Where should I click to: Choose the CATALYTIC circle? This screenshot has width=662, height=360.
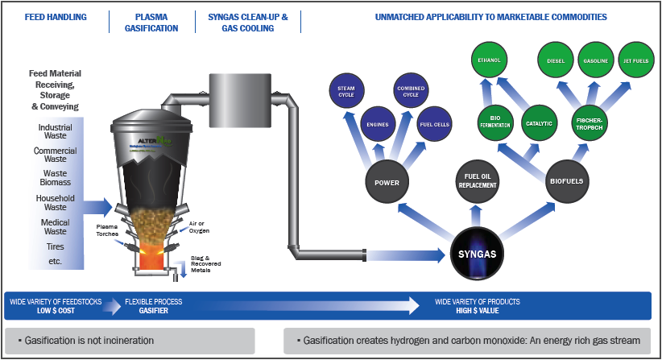click(x=539, y=123)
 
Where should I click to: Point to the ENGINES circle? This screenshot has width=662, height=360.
click(x=378, y=125)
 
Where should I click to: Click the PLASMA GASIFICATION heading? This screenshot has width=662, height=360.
click(x=152, y=22)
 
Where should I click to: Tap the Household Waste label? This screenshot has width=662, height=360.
click(x=55, y=202)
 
